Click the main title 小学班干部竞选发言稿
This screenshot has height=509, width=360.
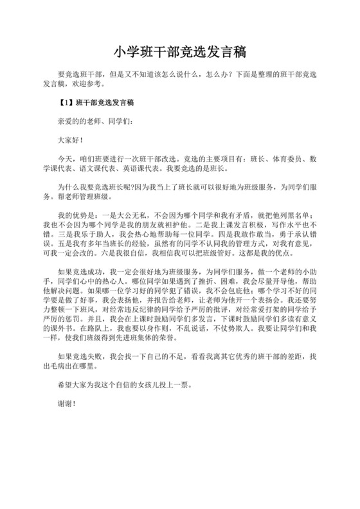pos(179,51)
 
